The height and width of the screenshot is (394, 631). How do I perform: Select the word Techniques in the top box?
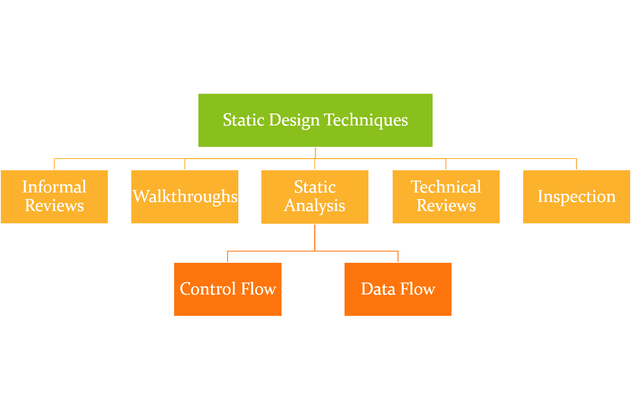point(366,120)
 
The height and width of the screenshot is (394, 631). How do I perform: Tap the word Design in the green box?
point(294,120)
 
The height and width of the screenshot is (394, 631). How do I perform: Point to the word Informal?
point(54,187)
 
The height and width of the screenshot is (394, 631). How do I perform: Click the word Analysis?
point(315,205)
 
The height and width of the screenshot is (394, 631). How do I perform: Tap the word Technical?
point(446,187)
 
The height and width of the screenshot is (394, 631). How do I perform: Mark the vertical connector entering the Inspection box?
point(576,164)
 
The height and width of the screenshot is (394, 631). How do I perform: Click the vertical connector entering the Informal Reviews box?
point(54,164)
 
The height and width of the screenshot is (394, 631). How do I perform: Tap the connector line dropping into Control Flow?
point(228,257)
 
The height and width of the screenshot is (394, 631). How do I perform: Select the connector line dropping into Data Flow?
point(398,257)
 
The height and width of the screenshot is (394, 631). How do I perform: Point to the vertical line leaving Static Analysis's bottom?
point(315,237)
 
